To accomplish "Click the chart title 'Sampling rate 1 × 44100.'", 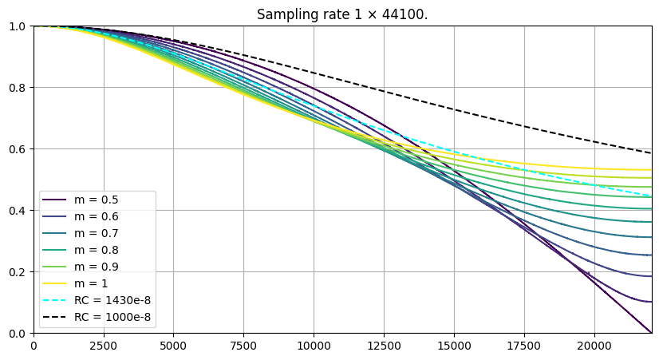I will pos(342,14).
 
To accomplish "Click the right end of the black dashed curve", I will pos(651,153).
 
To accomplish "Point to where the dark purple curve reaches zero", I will pos(651,332).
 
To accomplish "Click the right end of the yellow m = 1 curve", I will pos(651,169).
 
